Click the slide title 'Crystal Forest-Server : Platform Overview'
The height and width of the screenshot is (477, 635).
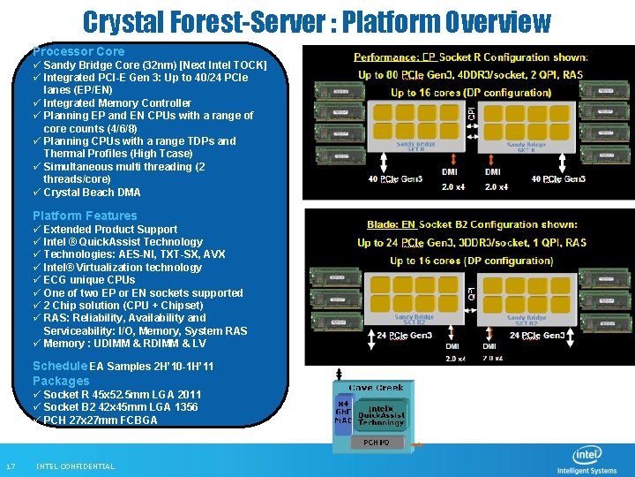pos(317,21)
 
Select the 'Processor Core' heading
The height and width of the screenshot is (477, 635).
pos(78,51)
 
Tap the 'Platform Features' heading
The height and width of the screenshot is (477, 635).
pos(85,216)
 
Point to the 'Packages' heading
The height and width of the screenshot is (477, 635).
pos(61,381)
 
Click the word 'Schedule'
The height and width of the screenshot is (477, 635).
pos(59,366)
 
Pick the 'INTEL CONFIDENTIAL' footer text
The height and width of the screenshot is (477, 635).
pos(75,466)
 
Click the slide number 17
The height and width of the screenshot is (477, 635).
pos(11,466)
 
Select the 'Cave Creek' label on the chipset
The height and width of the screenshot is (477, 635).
pos(376,388)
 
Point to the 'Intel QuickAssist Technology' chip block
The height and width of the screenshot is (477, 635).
pos(380,414)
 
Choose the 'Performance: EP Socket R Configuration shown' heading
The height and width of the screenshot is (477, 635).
pos(471,57)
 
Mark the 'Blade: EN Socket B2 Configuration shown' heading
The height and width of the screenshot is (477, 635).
pos(472,224)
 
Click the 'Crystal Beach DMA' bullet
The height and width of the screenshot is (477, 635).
pos(92,193)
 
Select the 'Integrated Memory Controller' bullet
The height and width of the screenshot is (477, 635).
pos(117,103)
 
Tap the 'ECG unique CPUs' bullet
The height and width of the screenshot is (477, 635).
pos(89,280)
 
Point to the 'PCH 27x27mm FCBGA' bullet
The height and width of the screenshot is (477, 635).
pos(100,420)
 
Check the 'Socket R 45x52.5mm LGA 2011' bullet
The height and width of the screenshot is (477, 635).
pos(122,395)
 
